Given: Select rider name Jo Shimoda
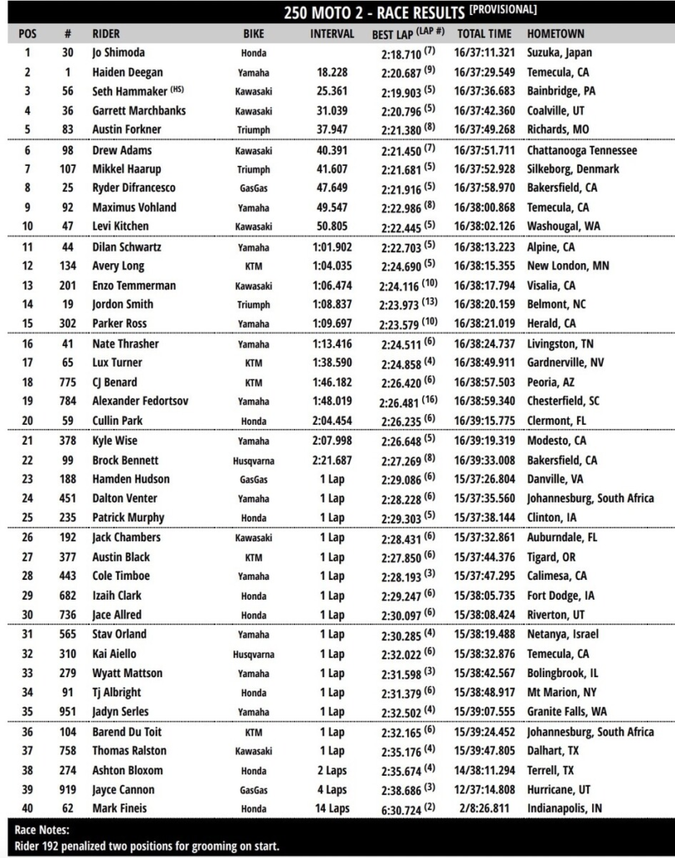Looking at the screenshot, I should coord(118,53).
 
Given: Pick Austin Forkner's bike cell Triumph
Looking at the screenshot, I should coord(253,130).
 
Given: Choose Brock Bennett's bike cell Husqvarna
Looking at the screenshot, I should coord(253,460).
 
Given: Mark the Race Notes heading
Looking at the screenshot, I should coord(44,829).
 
